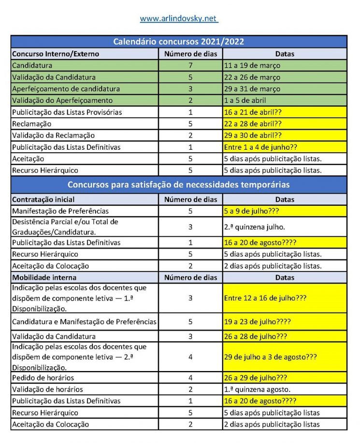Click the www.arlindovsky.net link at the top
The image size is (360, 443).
pos(179,19)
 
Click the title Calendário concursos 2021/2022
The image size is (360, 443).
pos(179,42)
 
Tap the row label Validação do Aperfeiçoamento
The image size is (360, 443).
pos(62,100)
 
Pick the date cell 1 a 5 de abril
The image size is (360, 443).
pos(245,100)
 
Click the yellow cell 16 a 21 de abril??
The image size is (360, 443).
pos(253,112)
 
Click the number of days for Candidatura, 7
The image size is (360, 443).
pos(190,65)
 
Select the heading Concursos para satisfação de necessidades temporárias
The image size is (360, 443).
pos(179,185)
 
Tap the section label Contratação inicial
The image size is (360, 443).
pos(42,199)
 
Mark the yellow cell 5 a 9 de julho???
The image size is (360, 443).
pos(252,211)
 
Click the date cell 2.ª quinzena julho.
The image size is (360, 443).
pos(254,226)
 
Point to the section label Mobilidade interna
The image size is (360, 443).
pos(44,277)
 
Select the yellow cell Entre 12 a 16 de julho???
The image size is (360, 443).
pos(265,298)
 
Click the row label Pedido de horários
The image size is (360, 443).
pos(43,377)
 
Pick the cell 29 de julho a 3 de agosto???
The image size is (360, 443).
pos(271,357)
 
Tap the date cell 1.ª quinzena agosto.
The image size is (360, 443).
pos(257,389)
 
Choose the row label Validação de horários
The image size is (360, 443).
pos(47,389)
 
